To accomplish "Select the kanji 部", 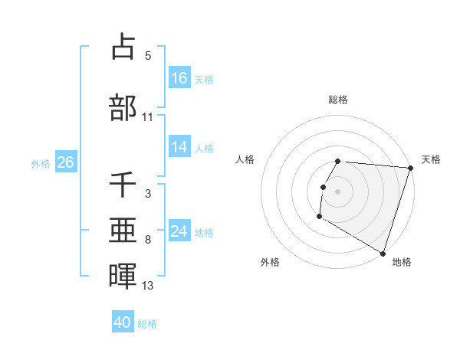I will click(x=123, y=107).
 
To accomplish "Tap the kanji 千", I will click(x=123, y=185).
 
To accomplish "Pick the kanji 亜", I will click(x=123, y=231).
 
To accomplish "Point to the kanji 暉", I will click(x=123, y=275).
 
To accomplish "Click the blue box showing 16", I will click(x=179, y=78).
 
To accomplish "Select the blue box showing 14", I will click(x=179, y=148).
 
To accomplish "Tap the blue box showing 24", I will click(x=179, y=231).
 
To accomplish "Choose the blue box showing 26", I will click(x=65, y=162).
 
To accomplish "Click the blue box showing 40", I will click(x=123, y=323).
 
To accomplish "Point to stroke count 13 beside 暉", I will click(x=148, y=286).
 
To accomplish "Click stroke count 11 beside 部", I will click(x=148, y=117).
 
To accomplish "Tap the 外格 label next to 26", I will click(x=41, y=163).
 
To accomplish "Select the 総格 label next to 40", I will click(x=147, y=324).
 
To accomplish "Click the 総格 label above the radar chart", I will click(x=337, y=100).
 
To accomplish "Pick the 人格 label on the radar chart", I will click(x=245, y=159).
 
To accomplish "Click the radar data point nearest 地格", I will click(x=383, y=253).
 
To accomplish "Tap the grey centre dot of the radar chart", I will click(x=337, y=191).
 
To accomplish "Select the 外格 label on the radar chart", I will click(x=270, y=262).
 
